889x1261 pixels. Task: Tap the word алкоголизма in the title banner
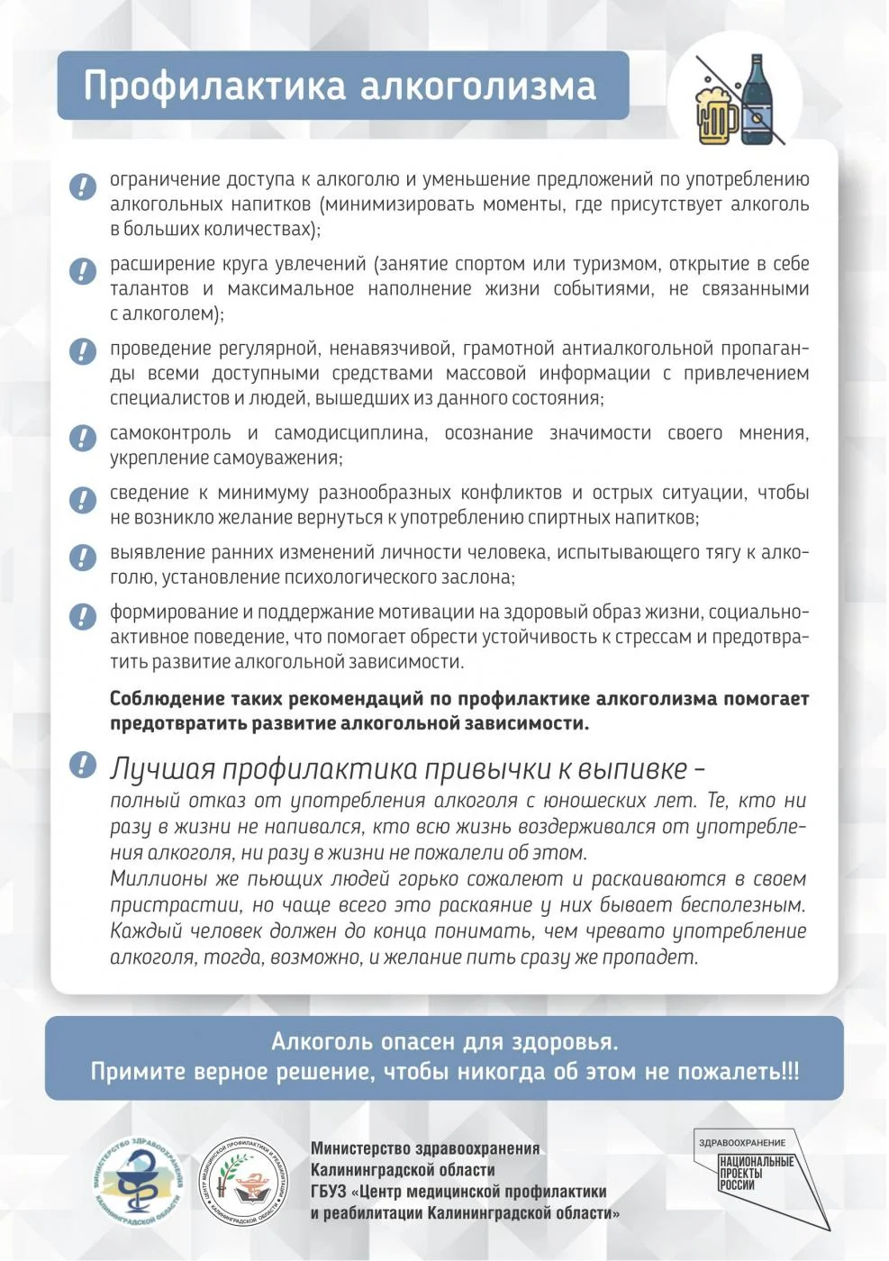[478, 86]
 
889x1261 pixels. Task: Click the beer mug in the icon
[717, 114]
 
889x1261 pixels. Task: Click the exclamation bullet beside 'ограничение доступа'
[83, 186]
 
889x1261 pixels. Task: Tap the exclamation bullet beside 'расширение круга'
[83, 270]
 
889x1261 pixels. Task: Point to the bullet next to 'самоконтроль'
[83, 438]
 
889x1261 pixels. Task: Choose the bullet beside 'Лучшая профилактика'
[83, 765]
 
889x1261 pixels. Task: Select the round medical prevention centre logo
[242, 1180]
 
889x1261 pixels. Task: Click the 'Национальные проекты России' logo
[757, 1174]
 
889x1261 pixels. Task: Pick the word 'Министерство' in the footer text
[360, 1148]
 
